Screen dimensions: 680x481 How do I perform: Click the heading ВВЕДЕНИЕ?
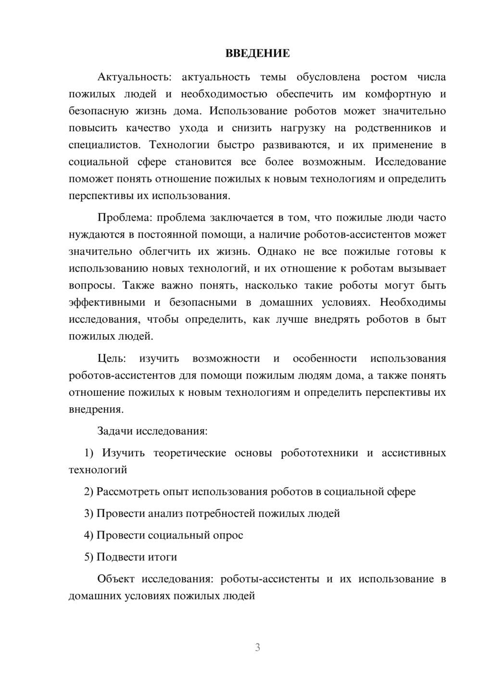[x=257, y=53]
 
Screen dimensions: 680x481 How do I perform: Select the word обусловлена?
[x=328, y=77]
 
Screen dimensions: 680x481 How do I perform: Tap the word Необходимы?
[x=413, y=302]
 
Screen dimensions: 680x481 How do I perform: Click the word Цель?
[x=112, y=358]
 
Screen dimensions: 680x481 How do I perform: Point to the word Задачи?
[x=114, y=431]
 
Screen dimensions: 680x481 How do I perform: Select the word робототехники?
[x=319, y=453]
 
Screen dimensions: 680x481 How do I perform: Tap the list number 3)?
[x=89, y=514]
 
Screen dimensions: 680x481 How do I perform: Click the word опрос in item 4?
[x=228, y=535]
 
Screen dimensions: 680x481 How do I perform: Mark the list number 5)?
[x=89, y=557]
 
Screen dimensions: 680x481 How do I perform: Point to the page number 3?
[x=257, y=647]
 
